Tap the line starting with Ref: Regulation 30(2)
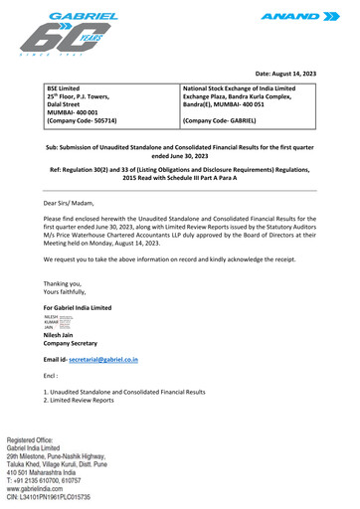179,170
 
